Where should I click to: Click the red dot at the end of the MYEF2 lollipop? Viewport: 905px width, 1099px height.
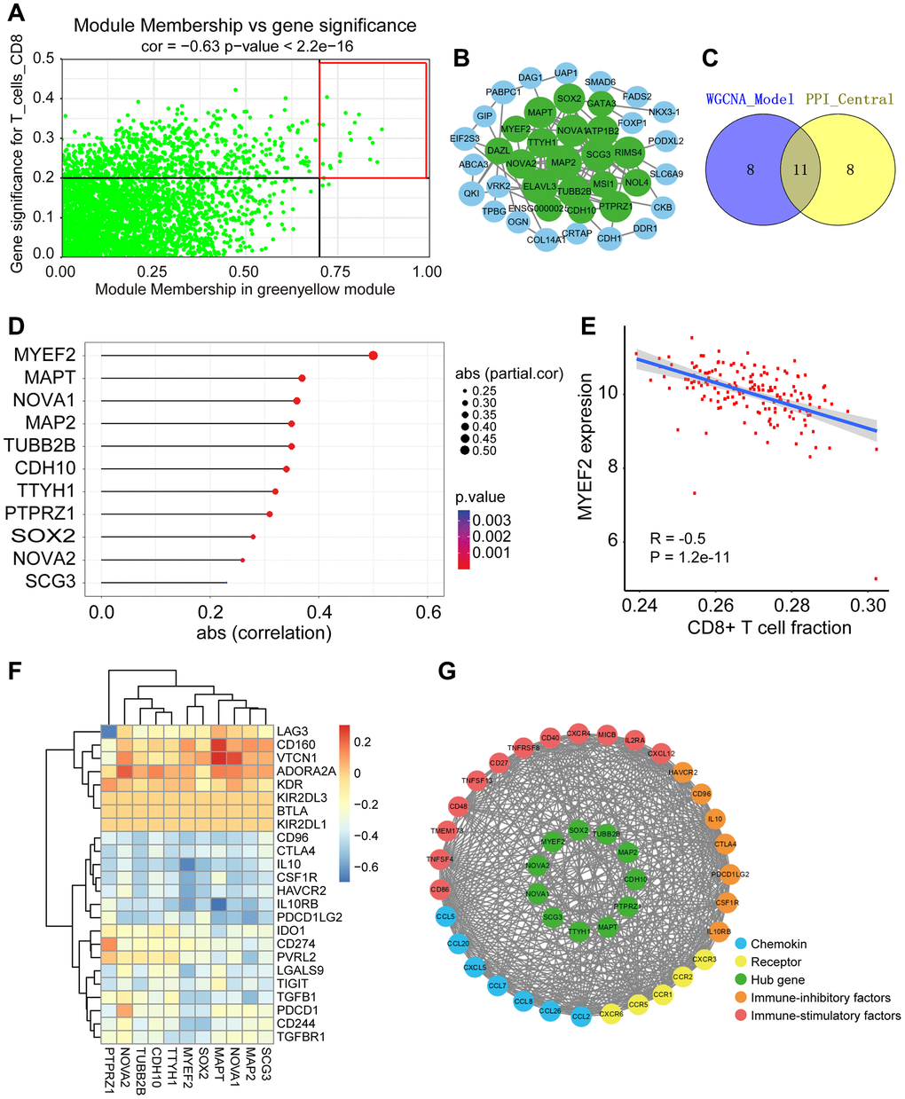pos(373,356)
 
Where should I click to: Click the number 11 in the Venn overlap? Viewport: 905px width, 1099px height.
pos(799,169)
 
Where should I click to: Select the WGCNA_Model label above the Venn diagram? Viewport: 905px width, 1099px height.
pos(751,99)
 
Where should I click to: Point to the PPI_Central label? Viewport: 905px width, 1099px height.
pos(849,99)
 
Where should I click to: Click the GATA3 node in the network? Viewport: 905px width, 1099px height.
pos(602,104)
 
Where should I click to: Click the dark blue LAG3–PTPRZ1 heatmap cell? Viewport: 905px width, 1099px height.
pos(109,730)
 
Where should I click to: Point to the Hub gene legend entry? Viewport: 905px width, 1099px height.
pos(777,979)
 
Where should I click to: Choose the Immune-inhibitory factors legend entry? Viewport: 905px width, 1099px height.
pos(820,998)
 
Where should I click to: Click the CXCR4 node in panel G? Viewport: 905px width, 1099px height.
pos(578,734)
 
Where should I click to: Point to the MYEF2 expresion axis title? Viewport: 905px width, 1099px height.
pos(586,445)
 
